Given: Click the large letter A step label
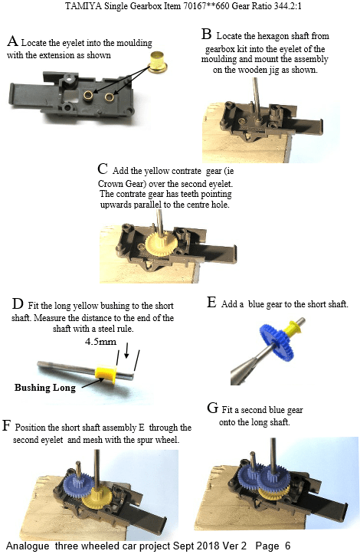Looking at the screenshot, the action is [x=12, y=41].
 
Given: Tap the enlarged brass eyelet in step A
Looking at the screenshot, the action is [x=158, y=62].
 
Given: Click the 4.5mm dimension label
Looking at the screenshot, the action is [x=100, y=341].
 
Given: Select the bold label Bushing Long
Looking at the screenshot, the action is [x=45, y=388].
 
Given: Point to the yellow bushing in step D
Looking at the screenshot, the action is [x=106, y=374].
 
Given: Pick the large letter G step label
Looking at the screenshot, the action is [x=213, y=408].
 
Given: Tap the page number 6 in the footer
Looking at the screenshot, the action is [x=287, y=546].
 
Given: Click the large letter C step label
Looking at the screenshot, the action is [x=103, y=169].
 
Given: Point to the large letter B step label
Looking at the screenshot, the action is [x=207, y=34].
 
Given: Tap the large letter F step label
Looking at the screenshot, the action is [x=6, y=425].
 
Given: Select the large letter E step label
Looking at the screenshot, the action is [x=211, y=303].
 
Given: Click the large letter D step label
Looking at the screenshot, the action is [x=18, y=304].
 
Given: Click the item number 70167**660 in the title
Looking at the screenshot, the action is [x=207, y=6].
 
